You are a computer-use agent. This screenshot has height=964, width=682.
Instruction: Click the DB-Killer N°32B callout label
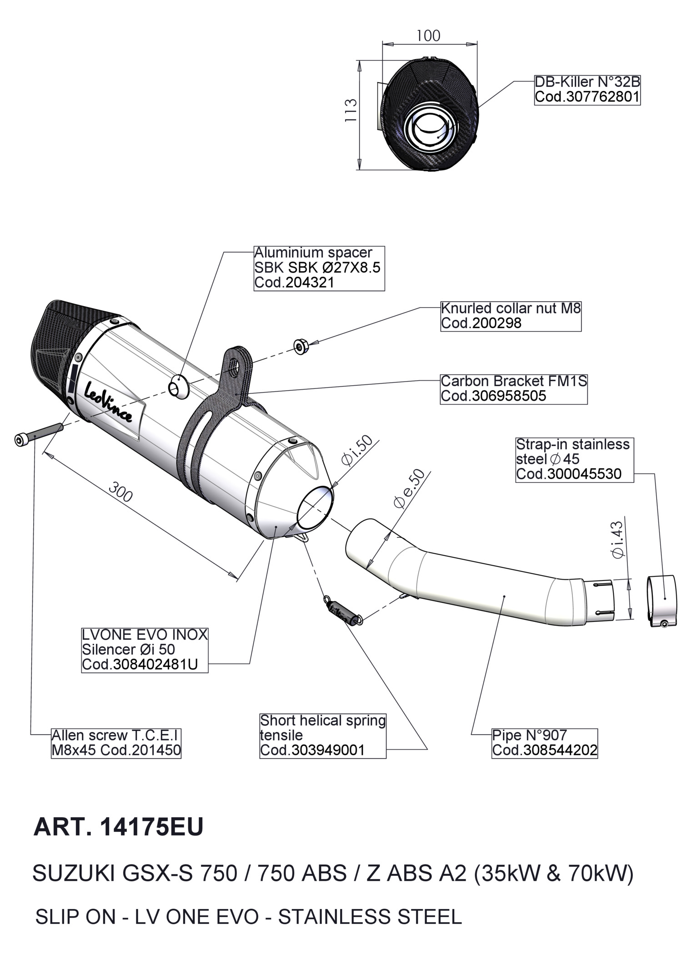tap(587, 89)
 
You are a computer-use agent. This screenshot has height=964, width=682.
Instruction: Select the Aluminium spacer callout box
tap(319, 268)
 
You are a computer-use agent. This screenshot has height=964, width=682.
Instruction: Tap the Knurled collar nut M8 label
tap(511, 316)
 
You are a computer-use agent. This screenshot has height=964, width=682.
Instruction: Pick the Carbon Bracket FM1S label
tap(513, 388)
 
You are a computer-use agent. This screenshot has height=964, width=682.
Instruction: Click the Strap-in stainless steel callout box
tap(574, 459)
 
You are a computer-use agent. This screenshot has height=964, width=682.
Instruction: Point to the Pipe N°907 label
tap(544, 743)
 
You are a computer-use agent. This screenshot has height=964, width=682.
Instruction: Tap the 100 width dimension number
tap(428, 35)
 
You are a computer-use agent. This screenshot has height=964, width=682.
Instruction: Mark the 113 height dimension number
tap(351, 110)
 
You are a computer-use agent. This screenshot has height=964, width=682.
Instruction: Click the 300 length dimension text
tap(121, 492)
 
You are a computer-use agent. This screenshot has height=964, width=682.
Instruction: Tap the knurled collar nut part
tap(301, 347)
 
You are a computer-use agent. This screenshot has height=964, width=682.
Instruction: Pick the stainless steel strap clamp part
tap(662, 601)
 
